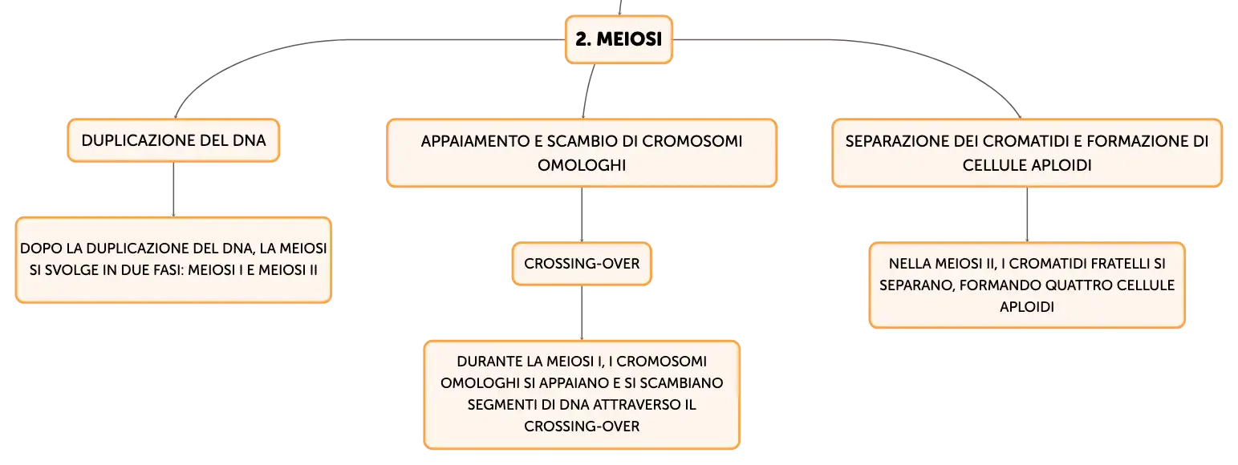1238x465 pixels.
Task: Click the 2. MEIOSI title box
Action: coord(619,39)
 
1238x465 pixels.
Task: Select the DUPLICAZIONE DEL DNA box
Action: coord(173,140)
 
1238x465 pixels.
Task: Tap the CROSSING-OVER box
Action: coord(582,264)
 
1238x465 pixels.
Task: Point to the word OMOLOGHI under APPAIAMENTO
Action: coord(582,165)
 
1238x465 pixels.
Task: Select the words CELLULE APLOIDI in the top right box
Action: coord(1027,165)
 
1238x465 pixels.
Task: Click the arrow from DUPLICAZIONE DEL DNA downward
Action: coord(173,189)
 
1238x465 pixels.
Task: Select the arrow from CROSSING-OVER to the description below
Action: coord(582,313)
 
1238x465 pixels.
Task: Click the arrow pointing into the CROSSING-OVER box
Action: coord(582,215)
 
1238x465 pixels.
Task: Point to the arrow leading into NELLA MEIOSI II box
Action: coord(1027,215)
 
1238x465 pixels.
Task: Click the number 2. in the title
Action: coord(583,39)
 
